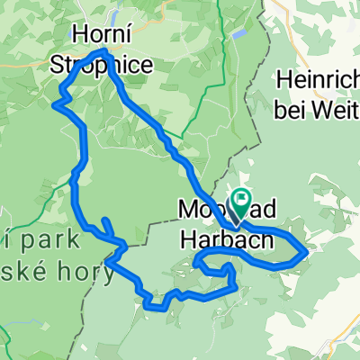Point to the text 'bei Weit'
click(x=319, y=102)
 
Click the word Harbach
click(x=218, y=241)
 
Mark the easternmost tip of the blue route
click(x=307, y=252)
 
